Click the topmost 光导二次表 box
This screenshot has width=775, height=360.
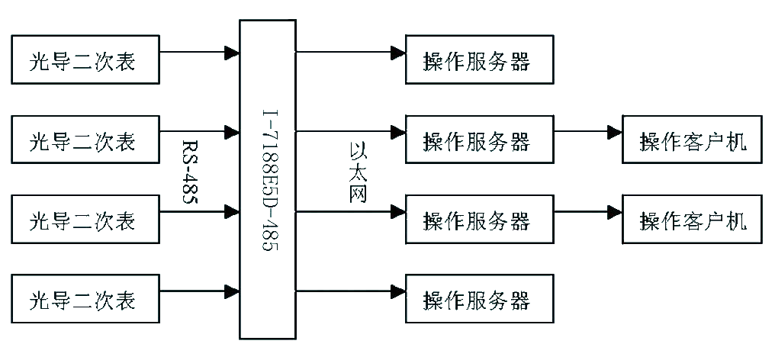85,59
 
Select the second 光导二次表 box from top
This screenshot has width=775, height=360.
85,140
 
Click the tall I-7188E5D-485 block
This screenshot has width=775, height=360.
268,179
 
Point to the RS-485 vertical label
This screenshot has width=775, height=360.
191,172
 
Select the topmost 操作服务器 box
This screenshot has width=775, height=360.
479,59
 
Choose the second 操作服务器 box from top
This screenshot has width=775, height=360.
479,140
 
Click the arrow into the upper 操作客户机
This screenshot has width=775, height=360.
587,132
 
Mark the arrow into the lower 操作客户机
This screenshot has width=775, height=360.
587,212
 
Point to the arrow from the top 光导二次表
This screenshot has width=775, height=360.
200,51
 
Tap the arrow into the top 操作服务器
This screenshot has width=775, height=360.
350,51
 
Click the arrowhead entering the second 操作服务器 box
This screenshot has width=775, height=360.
398,132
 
